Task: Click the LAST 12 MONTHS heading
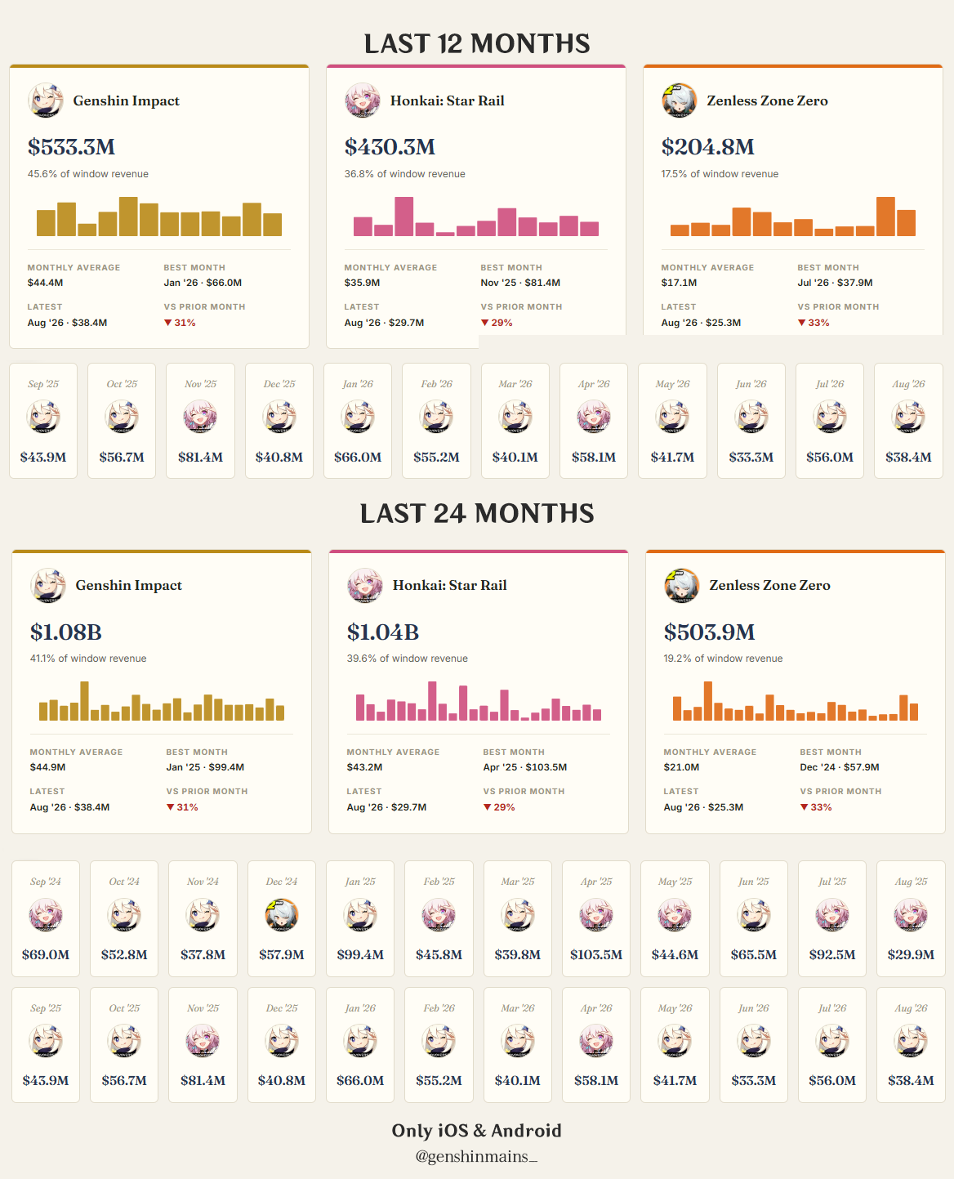(477, 44)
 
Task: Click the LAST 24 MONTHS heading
(477, 513)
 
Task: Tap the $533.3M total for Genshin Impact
(71, 147)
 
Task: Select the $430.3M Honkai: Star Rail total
(390, 147)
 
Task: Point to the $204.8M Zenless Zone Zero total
(708, 147)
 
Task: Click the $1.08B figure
(66, 632)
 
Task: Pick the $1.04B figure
(383, 632)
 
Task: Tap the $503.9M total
(710, 632)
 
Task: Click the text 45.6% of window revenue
(88, 174)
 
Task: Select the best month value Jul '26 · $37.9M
(835, 283)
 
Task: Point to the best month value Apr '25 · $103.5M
(524, 767)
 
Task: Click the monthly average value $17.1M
(679, 283)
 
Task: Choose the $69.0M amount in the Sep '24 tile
(46, 955)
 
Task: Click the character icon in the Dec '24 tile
(282, 915)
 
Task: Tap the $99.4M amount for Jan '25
(360, 955)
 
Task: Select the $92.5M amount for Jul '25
(832, 955)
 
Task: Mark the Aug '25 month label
(911, 882)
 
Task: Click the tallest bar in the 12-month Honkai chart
(404, 217)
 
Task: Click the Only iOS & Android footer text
(476, 1130)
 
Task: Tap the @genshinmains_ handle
(476, 1156)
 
